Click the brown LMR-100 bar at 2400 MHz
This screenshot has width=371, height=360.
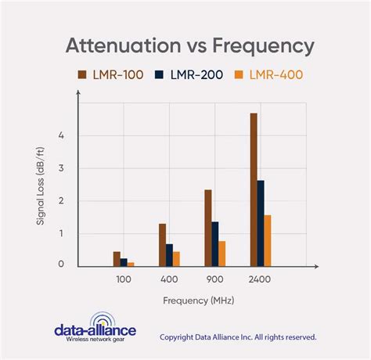click(x=254, y=189)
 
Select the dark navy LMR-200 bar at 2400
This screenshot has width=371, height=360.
click(x=261, y=223)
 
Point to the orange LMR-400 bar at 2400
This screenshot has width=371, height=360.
click(x=268, y=240)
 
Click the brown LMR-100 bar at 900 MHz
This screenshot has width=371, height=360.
click(x=208, y=228)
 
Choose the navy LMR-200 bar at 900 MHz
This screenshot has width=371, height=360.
click(x=215, y=243)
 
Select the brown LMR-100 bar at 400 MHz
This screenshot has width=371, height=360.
click(x=163, y=245)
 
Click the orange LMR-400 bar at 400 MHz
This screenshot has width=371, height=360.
click(x=177, y=259)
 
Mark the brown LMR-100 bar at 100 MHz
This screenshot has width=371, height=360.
click(x=117, y=259)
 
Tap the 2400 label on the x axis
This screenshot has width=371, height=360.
click(x=261, y=279)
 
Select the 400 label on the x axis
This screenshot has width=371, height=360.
click(x=170, y=279)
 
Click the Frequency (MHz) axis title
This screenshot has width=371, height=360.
click(x=199, y=300)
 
